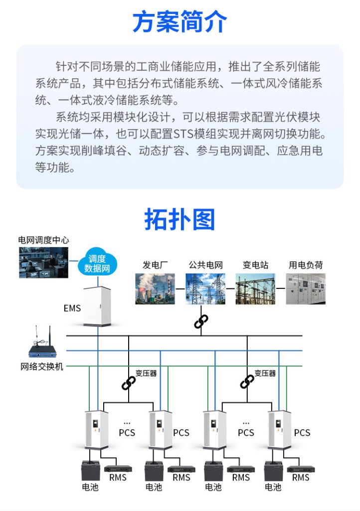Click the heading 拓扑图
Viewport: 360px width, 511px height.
point(180,219)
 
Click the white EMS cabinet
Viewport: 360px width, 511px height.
point(97,306)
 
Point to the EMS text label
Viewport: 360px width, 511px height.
point(72,308)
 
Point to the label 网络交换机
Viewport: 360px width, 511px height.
point(42,367)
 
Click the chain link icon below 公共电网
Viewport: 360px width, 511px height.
point(201,321)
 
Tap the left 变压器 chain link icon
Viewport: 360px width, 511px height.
point(129,383)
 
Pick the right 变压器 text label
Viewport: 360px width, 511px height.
point(265,373)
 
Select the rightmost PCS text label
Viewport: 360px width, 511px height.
point(302,433)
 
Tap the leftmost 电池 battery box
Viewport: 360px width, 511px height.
point(90,471)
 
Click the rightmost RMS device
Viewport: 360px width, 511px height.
point(301,469)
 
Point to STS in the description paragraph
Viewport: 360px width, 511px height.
point(184,134)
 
